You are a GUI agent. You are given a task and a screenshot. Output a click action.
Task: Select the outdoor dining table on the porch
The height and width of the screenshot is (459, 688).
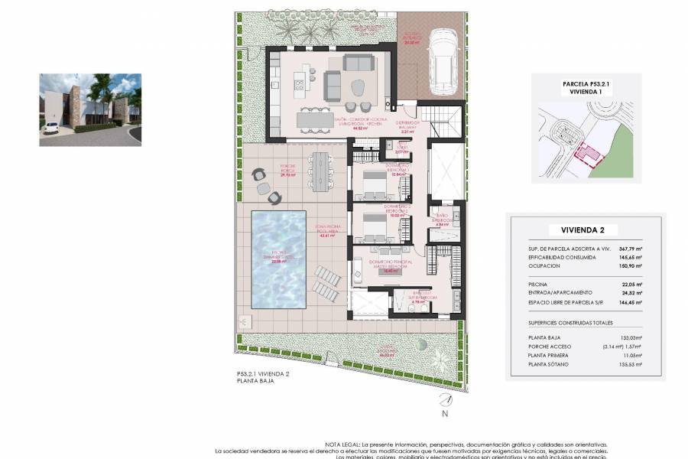pos(318,174)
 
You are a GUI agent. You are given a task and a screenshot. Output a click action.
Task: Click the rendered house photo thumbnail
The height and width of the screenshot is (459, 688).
pos(90,109)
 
